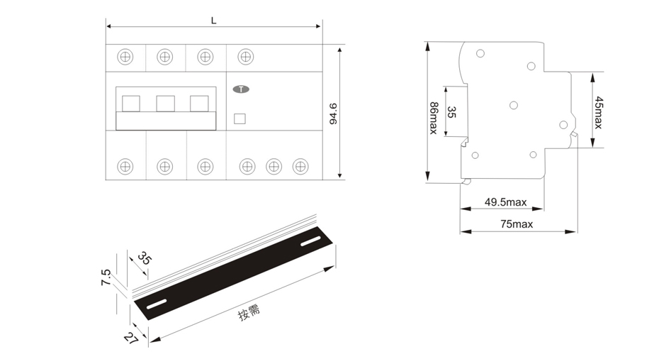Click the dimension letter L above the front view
tap(214, 20)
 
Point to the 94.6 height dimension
tap(333, 114)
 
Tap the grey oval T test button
tap(241, 89)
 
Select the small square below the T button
tap(240, 118)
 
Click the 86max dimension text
tap(434, 118)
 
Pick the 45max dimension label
tap(598, 113)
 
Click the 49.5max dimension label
tap(506, 202)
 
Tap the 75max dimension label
tap(517, 224)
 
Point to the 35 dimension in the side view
tap(451, 112)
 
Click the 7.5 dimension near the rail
tap(106, 277)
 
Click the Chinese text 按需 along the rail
tap(249, 311)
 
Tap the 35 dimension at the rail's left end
tap(144, 258)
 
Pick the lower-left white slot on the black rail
tap(157, 304)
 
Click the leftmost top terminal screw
tap(125, 56)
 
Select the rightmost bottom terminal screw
tap(300, 167)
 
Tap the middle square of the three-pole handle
tap(166, 104)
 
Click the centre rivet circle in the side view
tap(514, 105)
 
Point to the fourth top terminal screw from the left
tap(245, 56)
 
